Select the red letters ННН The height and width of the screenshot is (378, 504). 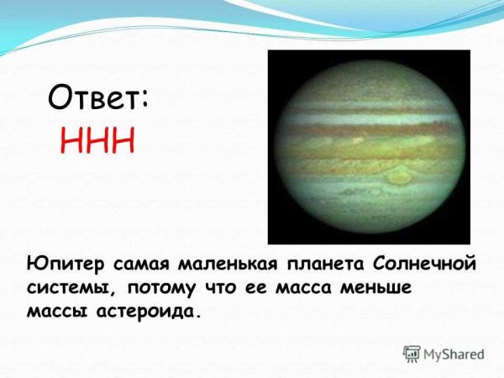97,139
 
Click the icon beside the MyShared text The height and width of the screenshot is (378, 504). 412,354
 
